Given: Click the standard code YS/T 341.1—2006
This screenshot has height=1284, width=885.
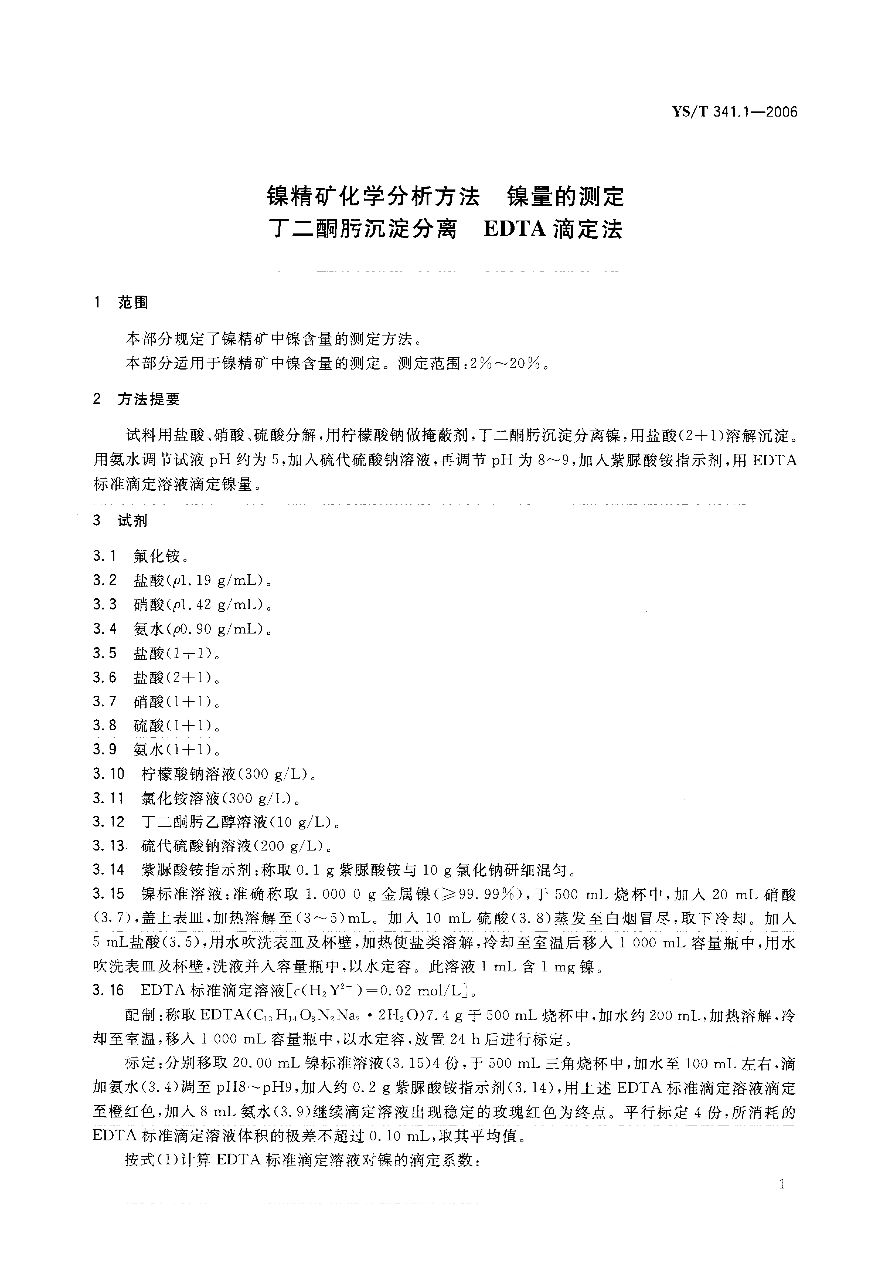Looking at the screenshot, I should [735, 112].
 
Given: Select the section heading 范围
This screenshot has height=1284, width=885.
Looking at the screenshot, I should [133, 302].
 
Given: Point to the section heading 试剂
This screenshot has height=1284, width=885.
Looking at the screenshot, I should [133, 520].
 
